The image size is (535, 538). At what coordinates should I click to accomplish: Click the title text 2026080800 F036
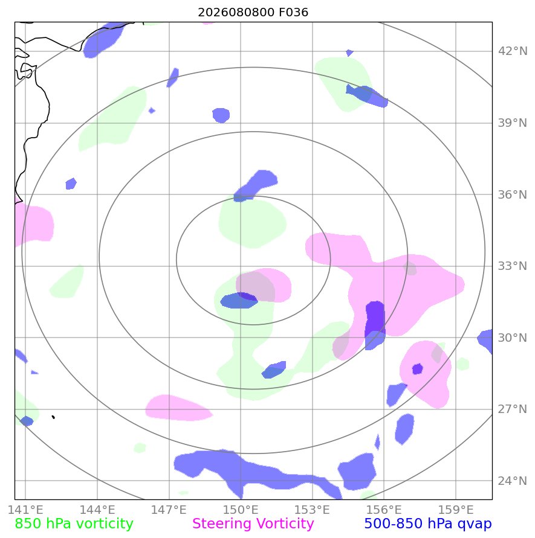coord(253,12)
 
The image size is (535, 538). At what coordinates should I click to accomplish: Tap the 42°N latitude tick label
coord(512,51)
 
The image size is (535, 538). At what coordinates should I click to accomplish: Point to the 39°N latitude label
coord(512,123)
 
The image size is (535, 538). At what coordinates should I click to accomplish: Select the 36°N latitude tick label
coord(512,194)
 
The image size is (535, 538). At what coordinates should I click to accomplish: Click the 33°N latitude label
coord(512,266)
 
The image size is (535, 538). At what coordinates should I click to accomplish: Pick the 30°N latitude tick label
coord(512,338)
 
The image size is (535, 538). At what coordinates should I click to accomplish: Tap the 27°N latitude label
coord(512,409)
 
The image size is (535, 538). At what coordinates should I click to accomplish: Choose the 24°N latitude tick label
coord(512,481)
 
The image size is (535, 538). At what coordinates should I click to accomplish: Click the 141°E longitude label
coord(25,510)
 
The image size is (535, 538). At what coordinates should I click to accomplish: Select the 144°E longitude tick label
coord(97,510)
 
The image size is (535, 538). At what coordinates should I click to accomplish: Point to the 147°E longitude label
coord(169,510)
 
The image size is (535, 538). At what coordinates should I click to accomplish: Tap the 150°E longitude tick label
coord(241,510)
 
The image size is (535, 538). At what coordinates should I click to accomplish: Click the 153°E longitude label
coord(312,510)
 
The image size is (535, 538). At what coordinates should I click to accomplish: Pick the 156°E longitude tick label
coord(384,510)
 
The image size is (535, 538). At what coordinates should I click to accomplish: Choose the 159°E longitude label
coord(456,510)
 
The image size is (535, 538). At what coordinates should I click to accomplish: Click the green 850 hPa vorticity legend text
coord(74,524)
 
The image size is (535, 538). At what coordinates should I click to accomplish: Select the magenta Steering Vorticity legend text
coord(253,524)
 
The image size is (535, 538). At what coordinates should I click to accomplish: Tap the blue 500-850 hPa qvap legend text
coord(428,524)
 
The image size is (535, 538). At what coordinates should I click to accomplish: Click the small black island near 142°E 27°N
coord(53,417)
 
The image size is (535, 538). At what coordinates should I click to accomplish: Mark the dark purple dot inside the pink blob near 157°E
coord(417,369)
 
